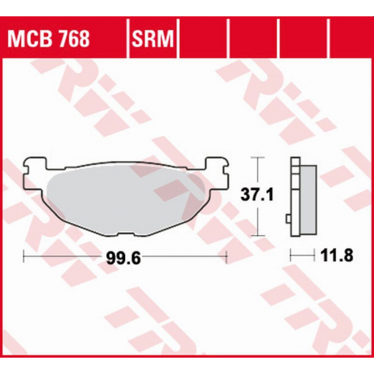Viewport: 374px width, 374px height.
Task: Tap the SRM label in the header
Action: click(x=151, y=38)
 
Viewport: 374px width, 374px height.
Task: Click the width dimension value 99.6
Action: click(x=124, y=257)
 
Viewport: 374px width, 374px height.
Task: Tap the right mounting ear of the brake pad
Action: click(x=217, y=167)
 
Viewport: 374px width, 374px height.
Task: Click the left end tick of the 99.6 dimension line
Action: click(x=25, y=257)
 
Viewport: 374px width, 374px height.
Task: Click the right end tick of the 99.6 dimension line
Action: click(x=225, y=257)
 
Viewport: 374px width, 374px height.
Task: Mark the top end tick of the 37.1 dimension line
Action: click(x=258, y=157)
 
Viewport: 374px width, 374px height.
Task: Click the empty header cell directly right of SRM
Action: click(x=204, y=38)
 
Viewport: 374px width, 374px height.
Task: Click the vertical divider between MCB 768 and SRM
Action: click(x=127, y=38)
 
